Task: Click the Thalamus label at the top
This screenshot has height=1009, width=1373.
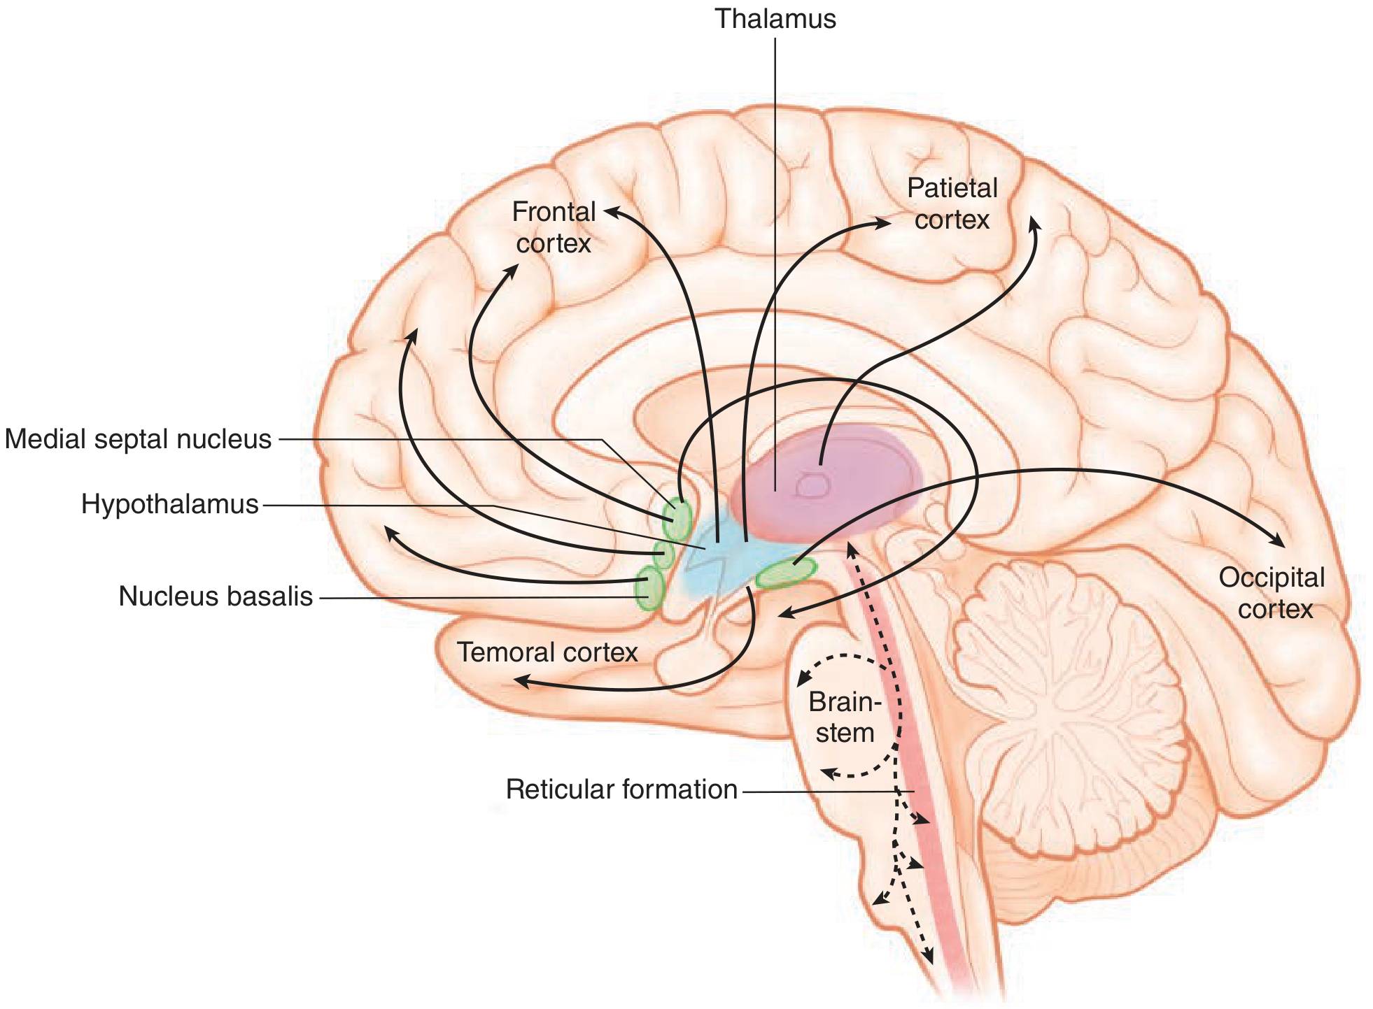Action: click(775, 19)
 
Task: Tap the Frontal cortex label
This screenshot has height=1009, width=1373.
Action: click(554, 227)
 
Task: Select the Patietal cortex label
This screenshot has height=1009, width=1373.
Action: click(952, 203)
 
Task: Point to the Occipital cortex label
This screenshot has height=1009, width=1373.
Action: click(1272, 593)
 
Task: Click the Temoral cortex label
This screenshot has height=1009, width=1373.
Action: click(547, 652)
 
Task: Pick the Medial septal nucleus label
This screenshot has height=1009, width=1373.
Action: click(138, 439)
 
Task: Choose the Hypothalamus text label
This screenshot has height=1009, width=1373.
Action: click(170, 504)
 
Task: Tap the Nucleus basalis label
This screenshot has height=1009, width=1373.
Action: click(216, 596)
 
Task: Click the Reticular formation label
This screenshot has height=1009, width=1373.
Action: click(621, 789)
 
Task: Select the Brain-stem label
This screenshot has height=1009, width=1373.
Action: click(845, 717)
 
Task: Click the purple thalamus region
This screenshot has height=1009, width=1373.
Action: click(833, 482)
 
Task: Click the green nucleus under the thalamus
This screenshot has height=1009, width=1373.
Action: click(786, 574)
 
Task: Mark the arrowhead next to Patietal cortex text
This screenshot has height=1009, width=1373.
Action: click(883, 223)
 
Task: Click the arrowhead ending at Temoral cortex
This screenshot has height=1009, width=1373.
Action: click(521, 680)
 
